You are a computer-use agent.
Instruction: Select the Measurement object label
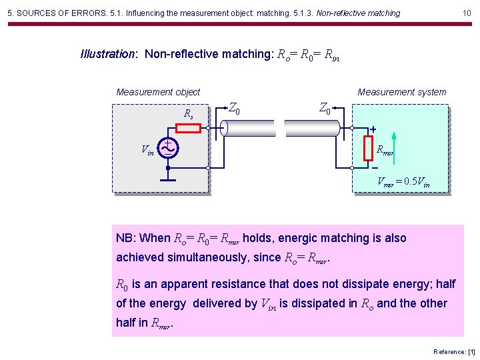(158, 92)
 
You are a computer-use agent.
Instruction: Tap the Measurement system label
(402, 92)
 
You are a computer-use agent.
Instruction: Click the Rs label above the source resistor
(189, 113)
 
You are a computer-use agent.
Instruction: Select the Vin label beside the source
(147, 151)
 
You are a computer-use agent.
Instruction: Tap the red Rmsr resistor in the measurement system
(367, 148)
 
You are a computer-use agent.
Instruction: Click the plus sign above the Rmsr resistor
(373, 129)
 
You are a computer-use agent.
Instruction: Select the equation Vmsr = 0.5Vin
(403, 181)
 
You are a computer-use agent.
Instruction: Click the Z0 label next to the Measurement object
(234, 107)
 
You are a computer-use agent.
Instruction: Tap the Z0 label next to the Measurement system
(325, 107)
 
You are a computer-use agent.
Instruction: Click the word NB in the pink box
(125, 238)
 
